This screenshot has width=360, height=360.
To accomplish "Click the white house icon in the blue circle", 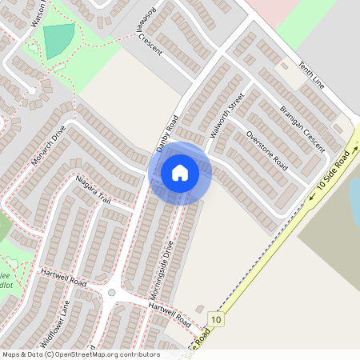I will (x=180, y=172).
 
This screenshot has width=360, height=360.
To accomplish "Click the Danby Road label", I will (x=166, y=134).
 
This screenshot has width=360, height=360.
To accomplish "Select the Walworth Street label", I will (x=225, y=116).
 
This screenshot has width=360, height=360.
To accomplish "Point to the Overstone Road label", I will (x=266, y=150).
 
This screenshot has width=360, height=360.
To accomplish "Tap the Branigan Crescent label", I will (x=302, y=126).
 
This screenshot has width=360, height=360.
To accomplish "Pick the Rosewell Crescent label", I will (x=150, y=34).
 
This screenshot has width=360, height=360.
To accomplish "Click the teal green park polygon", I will (x=58, y=41).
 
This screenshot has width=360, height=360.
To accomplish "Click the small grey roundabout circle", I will (x=112, y=293).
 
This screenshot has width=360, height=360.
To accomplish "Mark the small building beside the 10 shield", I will (x=199, y=310).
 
